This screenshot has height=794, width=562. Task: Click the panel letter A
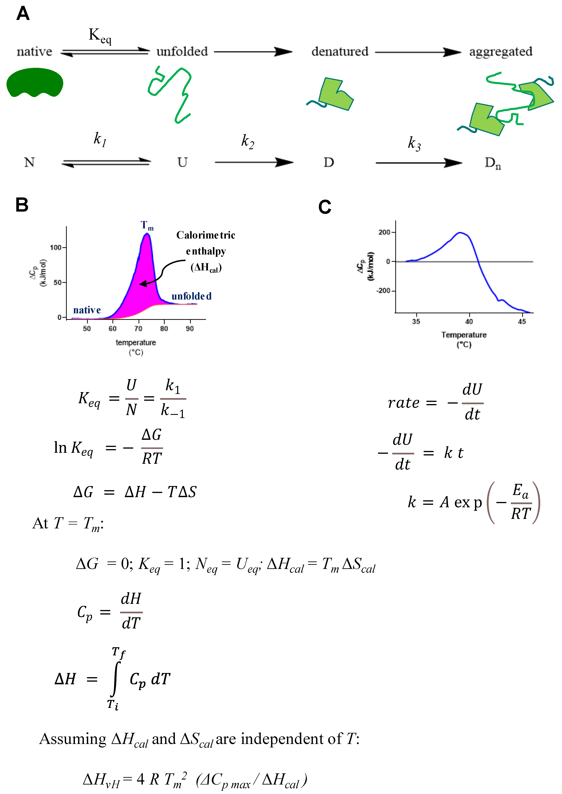(x=23, y=14)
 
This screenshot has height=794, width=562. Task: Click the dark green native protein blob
(x=35, y=82)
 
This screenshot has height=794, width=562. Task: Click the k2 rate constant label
(x=247, y=141)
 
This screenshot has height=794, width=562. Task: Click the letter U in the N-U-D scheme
(x=182, y=162)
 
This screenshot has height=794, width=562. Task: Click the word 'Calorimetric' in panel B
(x=206, y=235)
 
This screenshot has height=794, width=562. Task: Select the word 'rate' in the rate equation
(x=404, y=403)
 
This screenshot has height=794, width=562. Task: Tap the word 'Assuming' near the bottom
(x=73, y=739)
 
